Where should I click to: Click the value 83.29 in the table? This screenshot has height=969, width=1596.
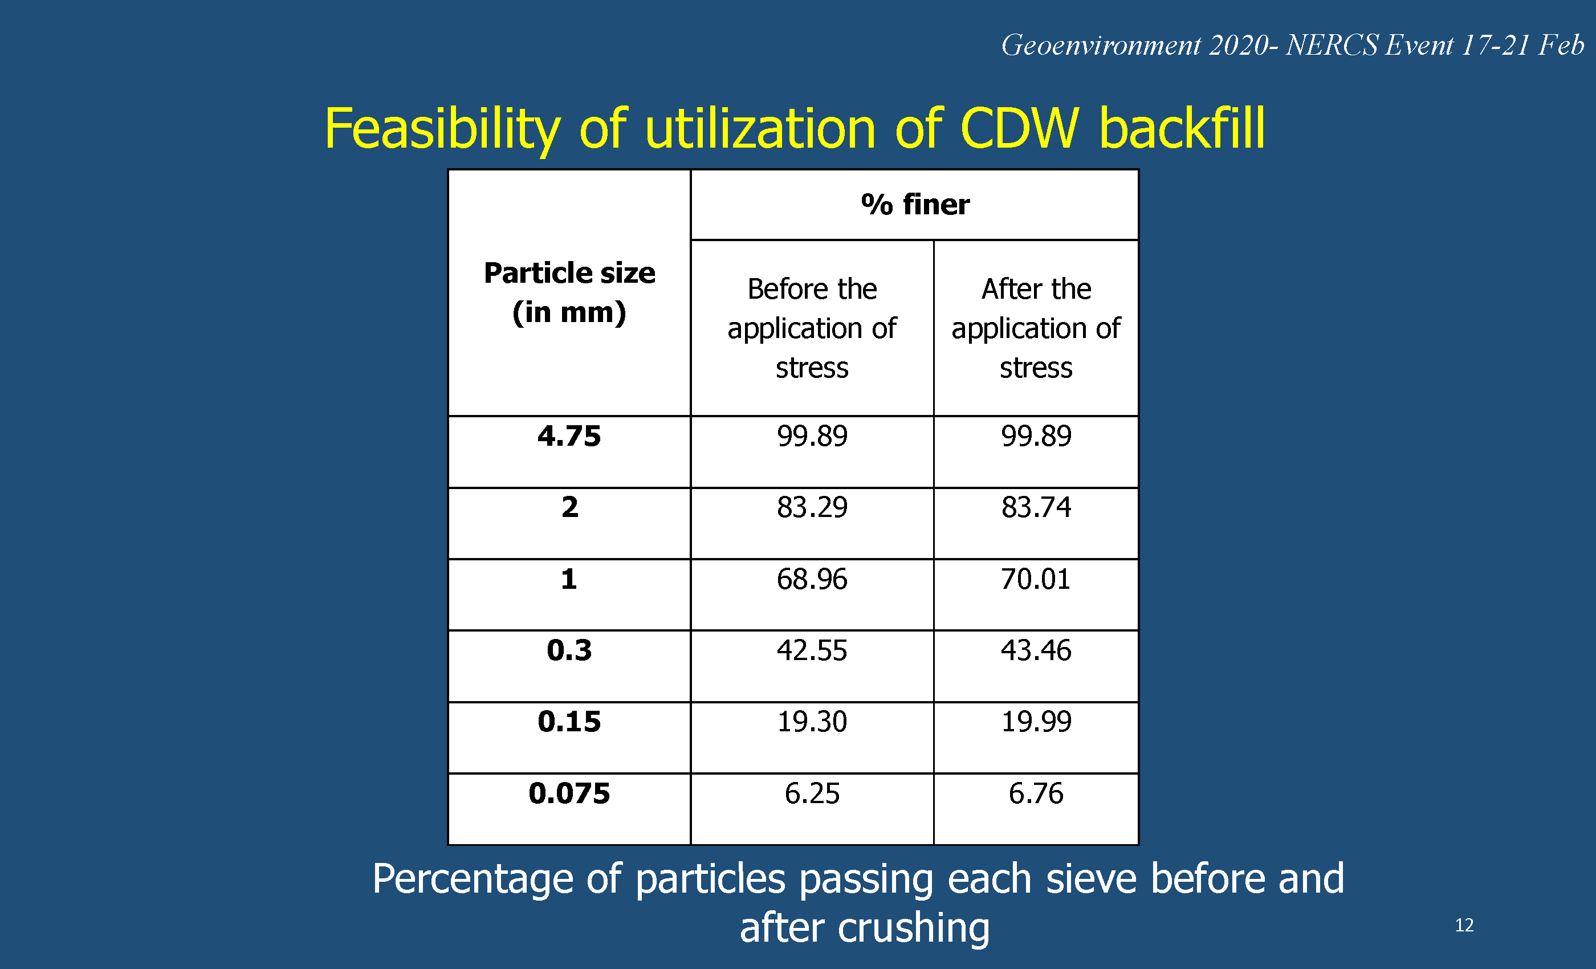[812, 507]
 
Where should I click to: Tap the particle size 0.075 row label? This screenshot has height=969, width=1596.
[569, 793]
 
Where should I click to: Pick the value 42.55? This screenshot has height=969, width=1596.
[812, 650]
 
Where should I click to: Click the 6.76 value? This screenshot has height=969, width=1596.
[1036, 793]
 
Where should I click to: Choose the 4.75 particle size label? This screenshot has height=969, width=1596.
[569, 436]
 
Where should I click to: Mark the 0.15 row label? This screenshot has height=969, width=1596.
[569, 722]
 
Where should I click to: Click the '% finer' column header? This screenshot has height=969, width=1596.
[915, 205]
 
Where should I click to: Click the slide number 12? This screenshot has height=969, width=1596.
[1464, 925]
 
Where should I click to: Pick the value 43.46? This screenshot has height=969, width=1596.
[1036, 650]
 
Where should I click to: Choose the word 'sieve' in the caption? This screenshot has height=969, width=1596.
[1092, 879]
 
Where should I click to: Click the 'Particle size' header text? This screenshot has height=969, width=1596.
[569, 272]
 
